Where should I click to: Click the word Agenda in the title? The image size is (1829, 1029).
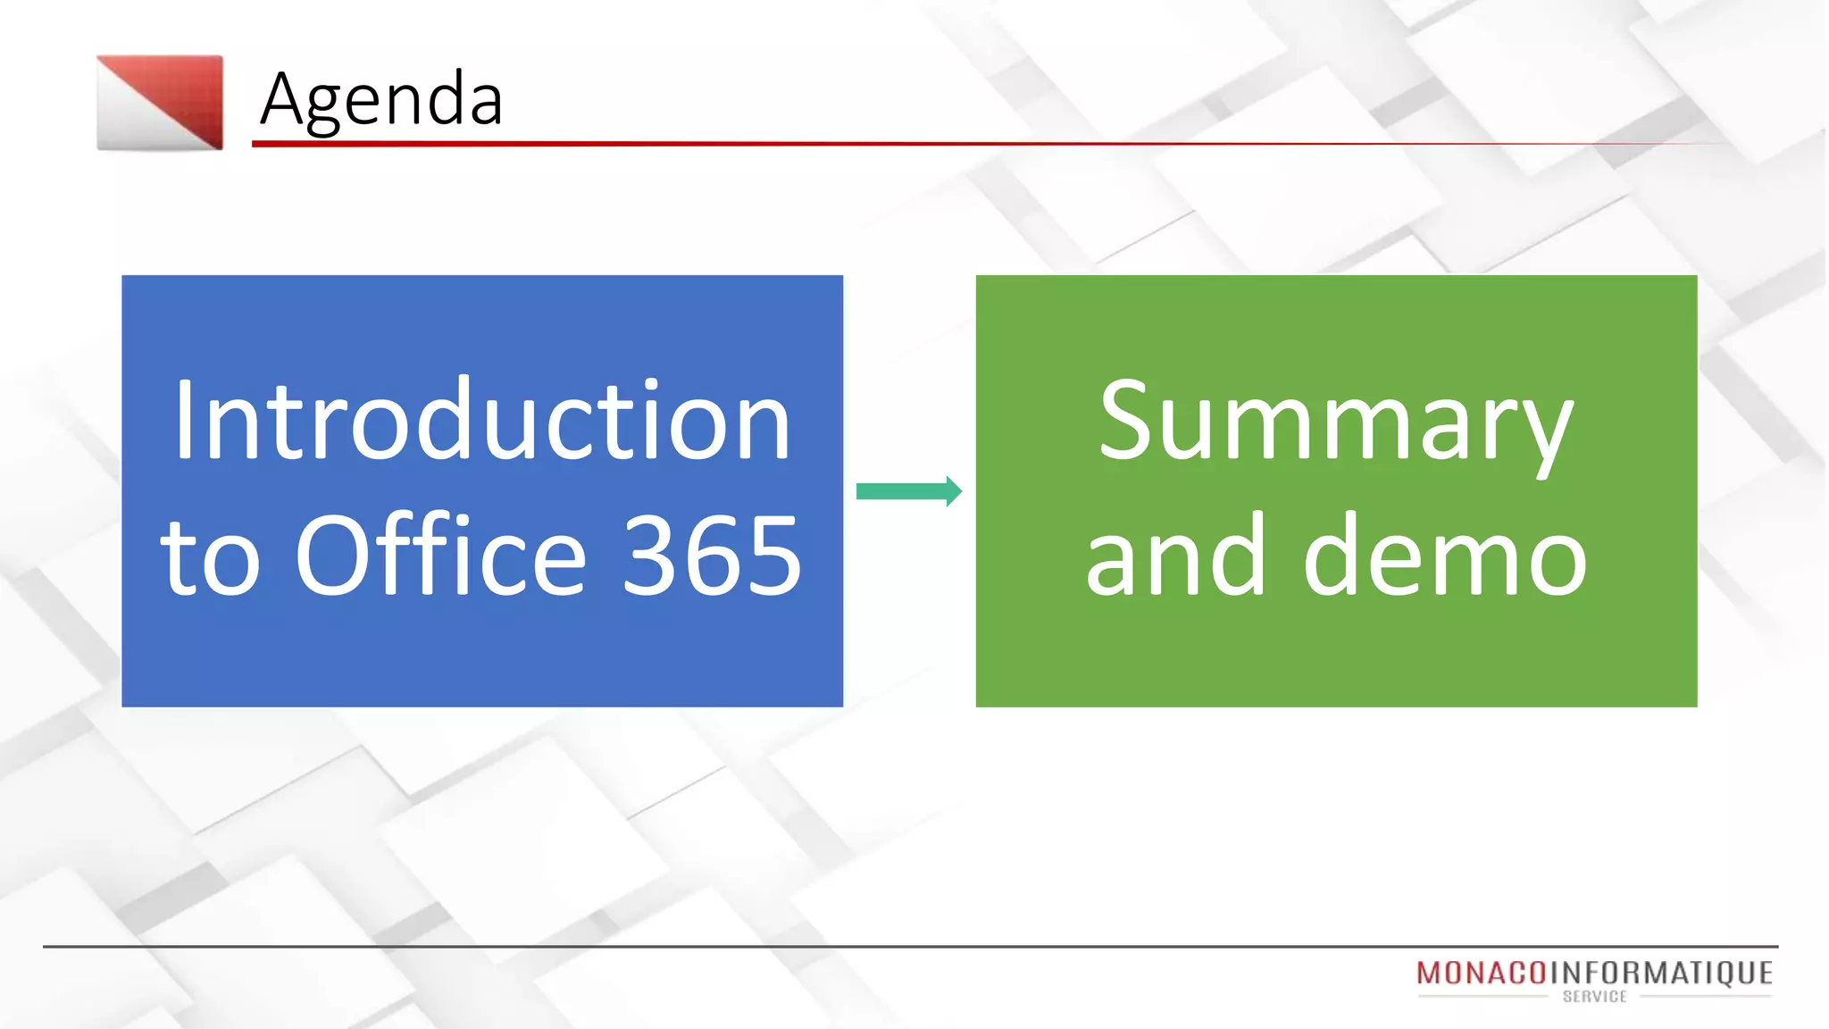tap(381, 99)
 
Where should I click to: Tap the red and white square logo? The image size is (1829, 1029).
tap(160, 103)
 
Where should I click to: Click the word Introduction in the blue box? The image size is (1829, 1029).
tap(482, 420)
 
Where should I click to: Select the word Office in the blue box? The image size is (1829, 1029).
tap(440, 556)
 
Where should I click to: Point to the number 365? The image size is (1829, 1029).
tap(712, 556)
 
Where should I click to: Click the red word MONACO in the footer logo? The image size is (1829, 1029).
tap(1481, 973)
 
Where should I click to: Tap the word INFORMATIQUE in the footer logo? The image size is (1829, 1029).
tap(1661, 973)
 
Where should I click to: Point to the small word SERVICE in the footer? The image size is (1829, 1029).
tap(1594, 997)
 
